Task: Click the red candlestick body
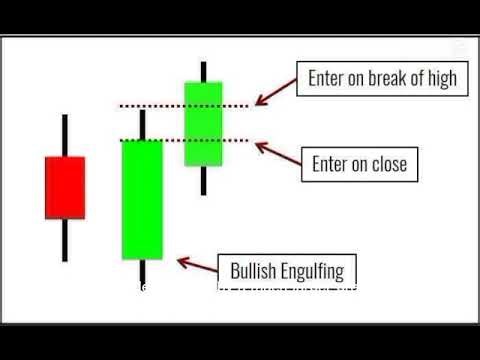coord(65,187)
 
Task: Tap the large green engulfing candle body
coord(142,199)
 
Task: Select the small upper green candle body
coord(203,123)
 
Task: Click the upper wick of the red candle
coord(65,135)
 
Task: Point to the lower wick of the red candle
coord(65,240)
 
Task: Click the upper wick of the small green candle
coord(203,71)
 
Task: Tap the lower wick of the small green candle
coord(203,180)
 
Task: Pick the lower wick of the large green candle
coord(142,273)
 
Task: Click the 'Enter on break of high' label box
coord(382,79)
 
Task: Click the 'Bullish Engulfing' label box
coord(286,270)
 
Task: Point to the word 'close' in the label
coord(388,163)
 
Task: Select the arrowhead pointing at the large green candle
coord(181,262)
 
